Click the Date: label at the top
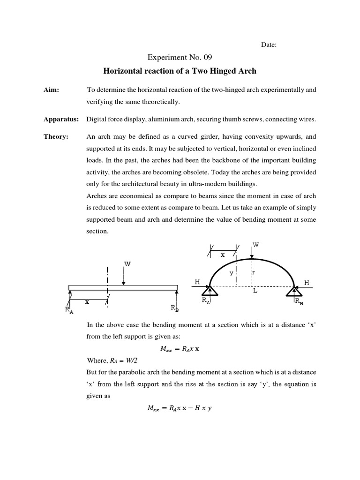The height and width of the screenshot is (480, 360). click(x=269, y=45)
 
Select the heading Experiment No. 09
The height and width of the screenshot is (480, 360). click(x=180, y=58)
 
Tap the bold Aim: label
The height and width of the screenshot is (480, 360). click(x=51, y=89)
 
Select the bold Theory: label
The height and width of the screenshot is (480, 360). click(x=56, y=136)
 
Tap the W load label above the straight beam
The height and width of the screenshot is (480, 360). click(x=127, y=264)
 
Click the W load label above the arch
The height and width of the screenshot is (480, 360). click(x=256, y=245)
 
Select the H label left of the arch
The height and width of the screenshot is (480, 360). click(x=197, y=282)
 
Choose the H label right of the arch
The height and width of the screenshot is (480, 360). click(x=307, y=283)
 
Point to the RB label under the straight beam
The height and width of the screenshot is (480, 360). click(x=174, y=308)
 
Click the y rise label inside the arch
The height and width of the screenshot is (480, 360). click(x=231, y=274)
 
